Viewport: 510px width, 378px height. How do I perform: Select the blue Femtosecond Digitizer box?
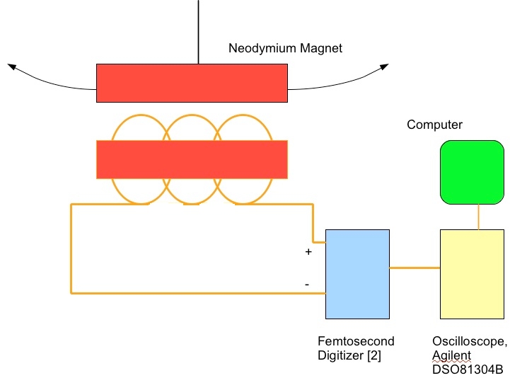[x=357, y=273]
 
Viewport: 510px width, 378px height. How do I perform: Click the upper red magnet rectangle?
[x=192, y=82]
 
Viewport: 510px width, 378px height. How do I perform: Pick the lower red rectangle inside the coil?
[x=192, y=159]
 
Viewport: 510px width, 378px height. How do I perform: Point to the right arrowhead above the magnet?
[x=384, y=67]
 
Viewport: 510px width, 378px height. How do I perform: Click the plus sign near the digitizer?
[x=308, y=252]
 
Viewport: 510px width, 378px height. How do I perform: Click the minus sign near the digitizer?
[x=306, y=284]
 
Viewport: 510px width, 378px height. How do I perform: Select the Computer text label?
[x=434, y=125]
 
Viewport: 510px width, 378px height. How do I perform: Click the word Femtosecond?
[x=356, y=341]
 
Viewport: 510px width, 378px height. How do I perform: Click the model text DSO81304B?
[x=468, y=370]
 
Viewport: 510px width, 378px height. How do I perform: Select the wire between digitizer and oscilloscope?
[x=415, y=268]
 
